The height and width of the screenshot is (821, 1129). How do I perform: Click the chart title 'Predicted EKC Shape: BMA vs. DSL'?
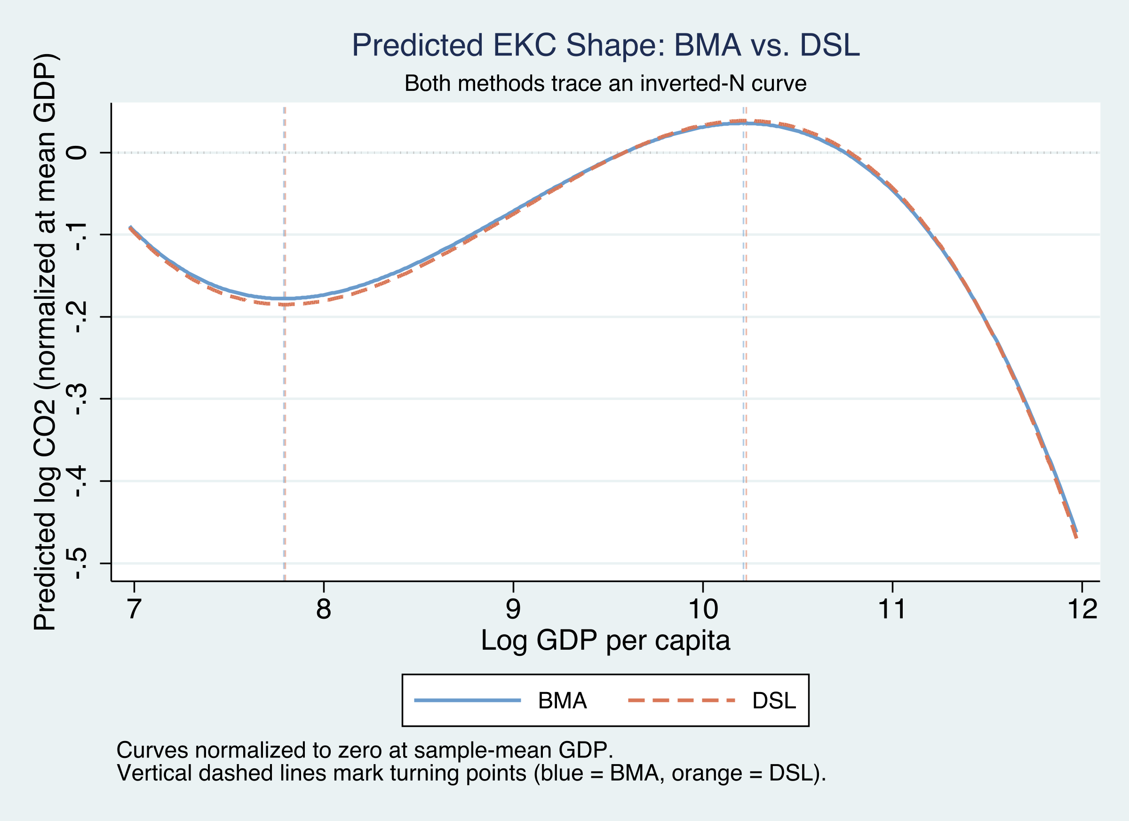point(605,45)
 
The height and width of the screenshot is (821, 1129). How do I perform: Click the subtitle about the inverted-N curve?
point(605,84)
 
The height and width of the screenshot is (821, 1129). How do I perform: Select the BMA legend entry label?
point(563,701)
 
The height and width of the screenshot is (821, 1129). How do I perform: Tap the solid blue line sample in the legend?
point(468,701)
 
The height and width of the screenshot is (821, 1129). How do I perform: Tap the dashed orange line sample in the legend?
point(682,701)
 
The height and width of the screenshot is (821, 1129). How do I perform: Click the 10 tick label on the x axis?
point(703,609)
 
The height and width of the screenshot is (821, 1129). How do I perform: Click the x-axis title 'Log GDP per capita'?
point(605,640)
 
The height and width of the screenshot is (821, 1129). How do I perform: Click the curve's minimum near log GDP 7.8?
point(285,300)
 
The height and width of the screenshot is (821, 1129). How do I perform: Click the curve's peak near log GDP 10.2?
point(744,122)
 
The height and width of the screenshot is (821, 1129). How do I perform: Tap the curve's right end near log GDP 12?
point(1076,534)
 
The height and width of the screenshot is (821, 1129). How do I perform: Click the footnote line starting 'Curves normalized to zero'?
point(365,750)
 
